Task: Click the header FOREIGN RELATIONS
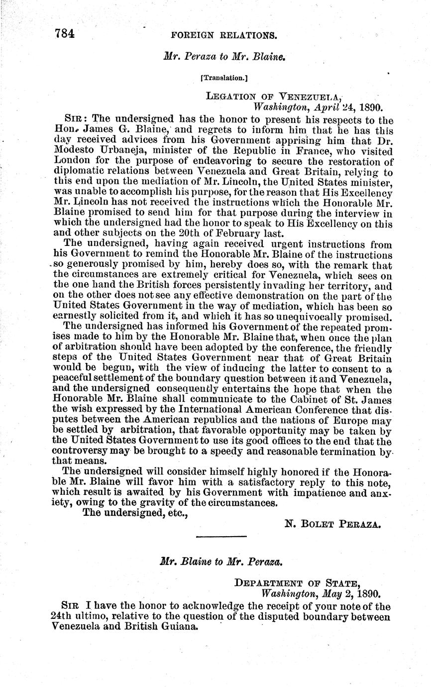pos(223,35)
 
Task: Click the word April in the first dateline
pos(324,107)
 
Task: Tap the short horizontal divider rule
pos(221,536)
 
